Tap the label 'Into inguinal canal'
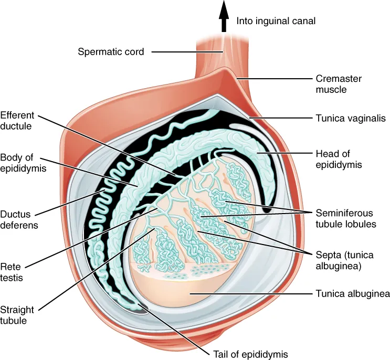(x=276, y=22)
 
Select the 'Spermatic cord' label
(x=111, y=51)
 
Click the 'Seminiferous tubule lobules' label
(x=344, y=219)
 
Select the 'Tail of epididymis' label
(x=249, y=354)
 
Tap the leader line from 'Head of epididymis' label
(x=286, y=153)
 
